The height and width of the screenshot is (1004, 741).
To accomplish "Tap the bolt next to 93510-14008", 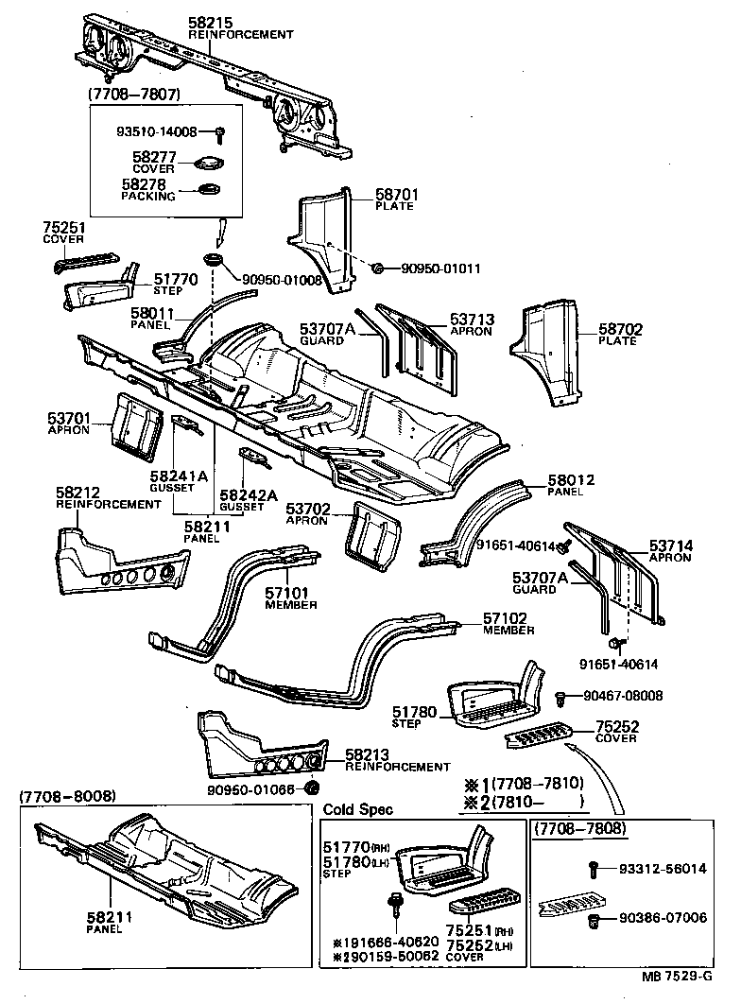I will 220,132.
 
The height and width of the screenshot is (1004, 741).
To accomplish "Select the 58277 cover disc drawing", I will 208,164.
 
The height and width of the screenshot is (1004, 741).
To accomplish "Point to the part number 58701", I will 397,195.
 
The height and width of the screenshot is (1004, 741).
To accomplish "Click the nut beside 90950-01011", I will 377,268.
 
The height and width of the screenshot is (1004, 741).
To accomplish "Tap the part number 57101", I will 290,594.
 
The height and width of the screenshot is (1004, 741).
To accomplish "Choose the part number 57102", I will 505,618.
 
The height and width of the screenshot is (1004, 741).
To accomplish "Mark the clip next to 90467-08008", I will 560,697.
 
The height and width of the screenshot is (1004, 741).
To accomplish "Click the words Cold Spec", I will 358,809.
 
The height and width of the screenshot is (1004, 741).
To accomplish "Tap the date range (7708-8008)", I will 67,797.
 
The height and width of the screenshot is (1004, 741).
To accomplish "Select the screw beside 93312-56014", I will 593,866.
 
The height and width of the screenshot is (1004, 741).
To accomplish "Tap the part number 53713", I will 471,320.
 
